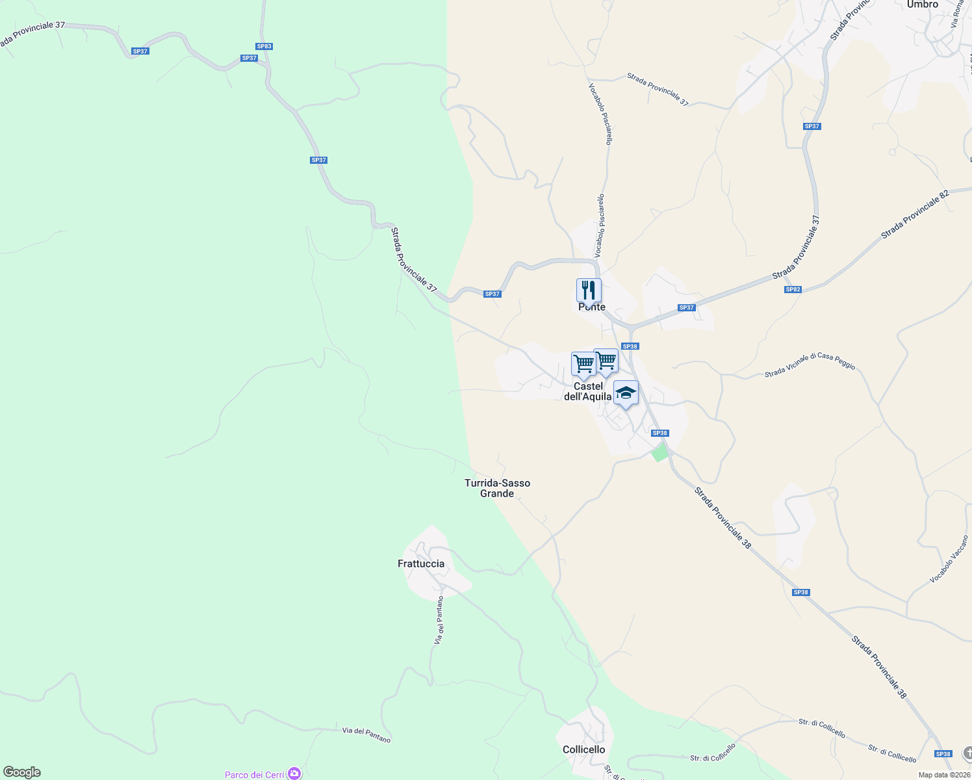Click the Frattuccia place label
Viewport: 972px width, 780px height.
click(x=421, y=564)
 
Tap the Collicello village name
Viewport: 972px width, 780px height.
click(x=583, y=749)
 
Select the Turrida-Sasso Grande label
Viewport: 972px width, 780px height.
click(x=497, y=488)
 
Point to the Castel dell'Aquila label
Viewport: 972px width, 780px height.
click(x=588, y=391)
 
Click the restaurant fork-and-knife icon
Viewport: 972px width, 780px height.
click(x=589, y=291)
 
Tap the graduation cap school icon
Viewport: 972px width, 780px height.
click(x=626, y=393)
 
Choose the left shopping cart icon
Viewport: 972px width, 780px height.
click(x=583, y=364)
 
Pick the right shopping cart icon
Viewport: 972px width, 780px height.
click(x=606, y=360)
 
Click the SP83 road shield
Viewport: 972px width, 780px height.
click(x=264, y=46)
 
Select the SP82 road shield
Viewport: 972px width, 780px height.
click(x=793, y=289)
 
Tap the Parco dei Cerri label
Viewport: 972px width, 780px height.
click(x=254, y=775)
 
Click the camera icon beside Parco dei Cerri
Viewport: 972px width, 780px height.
click(x=294, y=773)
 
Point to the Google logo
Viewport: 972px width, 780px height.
click(x=21, y=772)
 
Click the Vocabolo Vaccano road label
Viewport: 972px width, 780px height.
click(x=949, y=559)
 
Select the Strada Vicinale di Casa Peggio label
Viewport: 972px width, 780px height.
click(x=810, y=365)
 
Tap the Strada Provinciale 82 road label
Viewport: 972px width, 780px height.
click(x=915, y=214)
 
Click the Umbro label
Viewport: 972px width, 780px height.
click(x=923, y=5)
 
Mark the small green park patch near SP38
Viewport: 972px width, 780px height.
click(x=659, y=452)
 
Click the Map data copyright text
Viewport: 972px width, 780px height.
click(x=944, y=775)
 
